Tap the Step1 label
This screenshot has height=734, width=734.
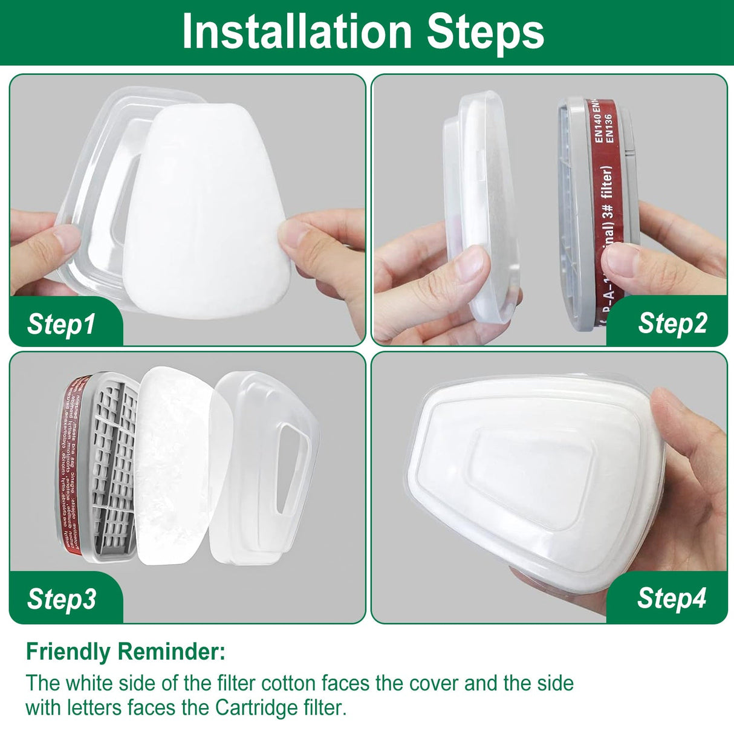click(x=61, y=323)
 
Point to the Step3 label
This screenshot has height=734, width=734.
click(x=61, y=599)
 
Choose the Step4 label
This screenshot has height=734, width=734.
click(x=671, y=598)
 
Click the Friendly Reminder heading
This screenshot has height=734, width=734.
click(x=126, y=652)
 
